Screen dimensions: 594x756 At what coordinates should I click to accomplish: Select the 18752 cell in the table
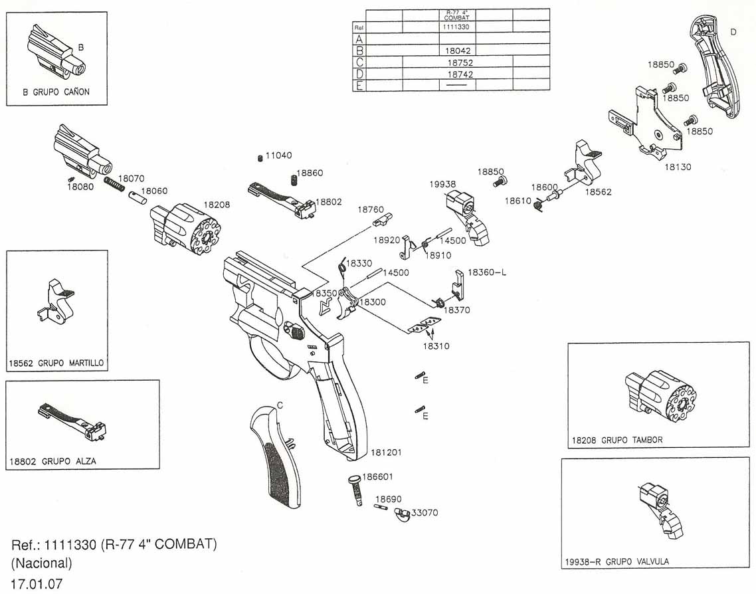coord(460,62)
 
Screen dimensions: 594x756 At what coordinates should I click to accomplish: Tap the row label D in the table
coord(359,74)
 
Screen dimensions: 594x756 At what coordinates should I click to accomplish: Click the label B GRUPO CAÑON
coord(56,92)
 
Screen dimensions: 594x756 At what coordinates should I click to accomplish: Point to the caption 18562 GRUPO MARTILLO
coord(56,363)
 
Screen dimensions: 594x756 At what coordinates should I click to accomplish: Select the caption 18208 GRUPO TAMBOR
coord(617,440)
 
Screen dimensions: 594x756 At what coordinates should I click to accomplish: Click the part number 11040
coord(278,155)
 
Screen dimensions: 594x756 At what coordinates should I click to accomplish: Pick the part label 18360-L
coord(487,272)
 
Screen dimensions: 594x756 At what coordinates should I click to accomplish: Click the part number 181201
coord(386,452)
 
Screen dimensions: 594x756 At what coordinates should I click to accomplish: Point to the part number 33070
coord(425,513)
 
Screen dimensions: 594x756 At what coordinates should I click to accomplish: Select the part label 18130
coord(678,167)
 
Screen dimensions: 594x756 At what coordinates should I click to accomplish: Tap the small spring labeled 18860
coord(292,180)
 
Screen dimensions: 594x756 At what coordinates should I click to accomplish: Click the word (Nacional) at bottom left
coord(42,563)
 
